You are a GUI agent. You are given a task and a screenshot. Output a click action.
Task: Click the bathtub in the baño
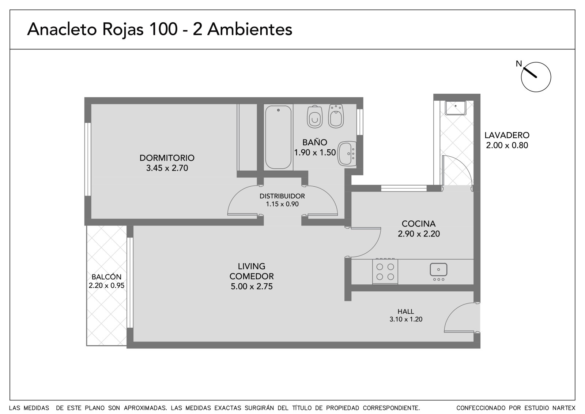278,137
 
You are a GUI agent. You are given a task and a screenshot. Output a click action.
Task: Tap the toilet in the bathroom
315,117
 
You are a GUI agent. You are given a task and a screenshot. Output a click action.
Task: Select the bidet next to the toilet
336,116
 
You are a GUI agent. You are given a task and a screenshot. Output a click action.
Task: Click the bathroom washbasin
347,154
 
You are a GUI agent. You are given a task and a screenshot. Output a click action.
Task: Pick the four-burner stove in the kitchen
385,272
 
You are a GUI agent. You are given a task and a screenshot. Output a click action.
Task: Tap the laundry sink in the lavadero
456,108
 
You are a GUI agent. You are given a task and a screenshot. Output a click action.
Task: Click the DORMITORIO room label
167,158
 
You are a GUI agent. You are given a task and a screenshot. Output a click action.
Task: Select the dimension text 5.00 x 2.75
252,286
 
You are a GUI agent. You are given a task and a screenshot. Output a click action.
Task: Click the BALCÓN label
106,277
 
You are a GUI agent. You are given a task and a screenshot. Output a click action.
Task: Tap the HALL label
405,311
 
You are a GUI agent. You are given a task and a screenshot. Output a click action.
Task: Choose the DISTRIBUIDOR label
282,196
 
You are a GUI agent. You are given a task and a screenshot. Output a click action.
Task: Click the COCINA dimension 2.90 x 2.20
419,234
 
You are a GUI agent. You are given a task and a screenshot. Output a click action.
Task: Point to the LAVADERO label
507,135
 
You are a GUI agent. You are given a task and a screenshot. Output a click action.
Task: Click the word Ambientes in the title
250,29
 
